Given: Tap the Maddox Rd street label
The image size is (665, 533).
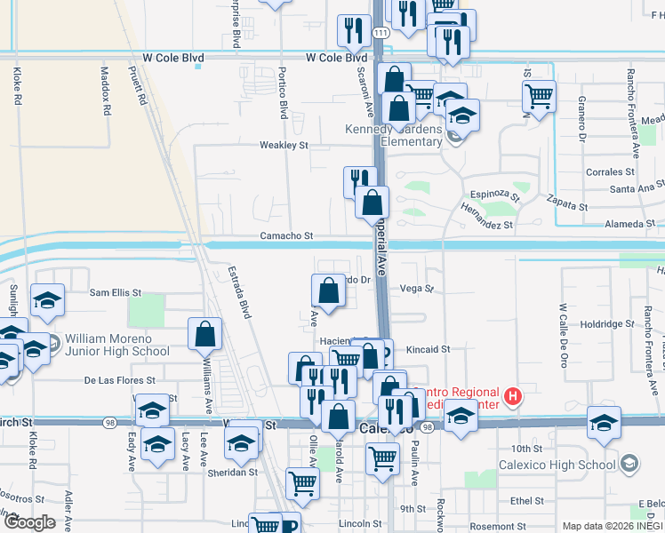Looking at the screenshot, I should click(x=105, y=92).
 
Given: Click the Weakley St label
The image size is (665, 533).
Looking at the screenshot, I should click(x=283, y=145).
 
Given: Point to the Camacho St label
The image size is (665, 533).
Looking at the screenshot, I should click(x=286, y=236).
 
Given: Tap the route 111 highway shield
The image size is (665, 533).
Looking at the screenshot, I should click(x=381, y=32).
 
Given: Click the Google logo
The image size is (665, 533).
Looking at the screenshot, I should click(x=29, y=521).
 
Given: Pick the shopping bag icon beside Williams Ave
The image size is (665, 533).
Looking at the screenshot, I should click(x=205, y=334).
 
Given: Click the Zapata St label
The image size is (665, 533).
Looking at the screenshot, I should click(x=567, y=203).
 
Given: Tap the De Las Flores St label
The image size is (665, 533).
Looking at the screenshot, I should click(x=120, y=380).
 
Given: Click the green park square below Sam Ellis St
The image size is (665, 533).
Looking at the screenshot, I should click(x=146, y=310).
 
